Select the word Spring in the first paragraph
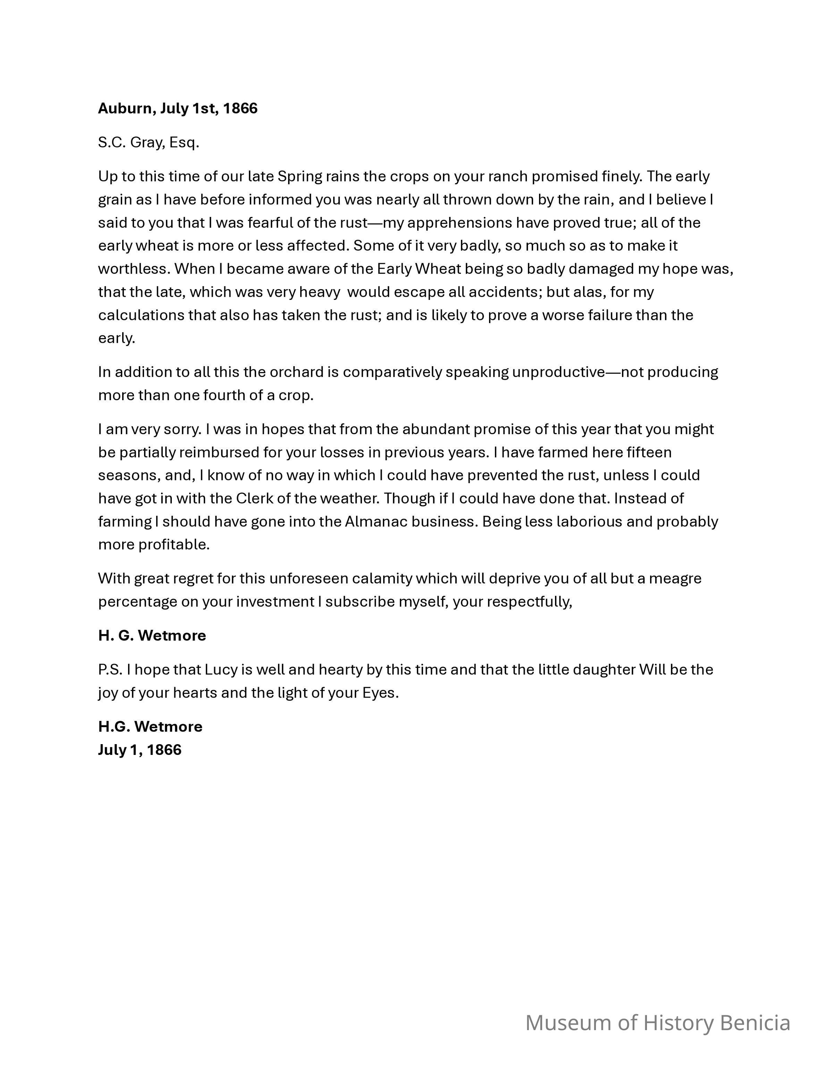(x=300, y=176)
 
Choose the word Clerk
(x=254, y=498)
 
